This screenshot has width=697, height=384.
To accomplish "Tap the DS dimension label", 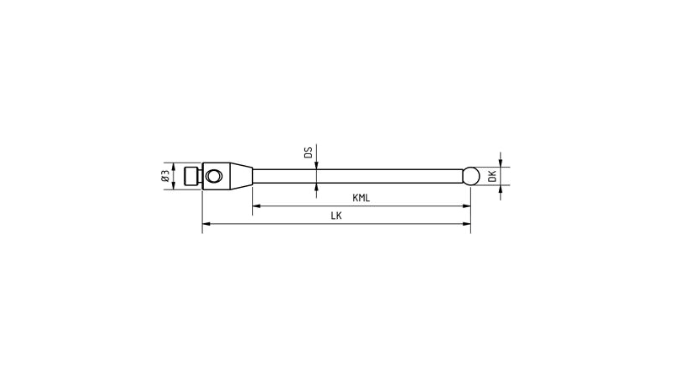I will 308,152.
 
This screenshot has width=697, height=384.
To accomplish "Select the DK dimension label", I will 492,176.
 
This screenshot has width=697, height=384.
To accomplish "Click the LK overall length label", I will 336,216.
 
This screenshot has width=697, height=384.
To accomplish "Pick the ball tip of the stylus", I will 472,175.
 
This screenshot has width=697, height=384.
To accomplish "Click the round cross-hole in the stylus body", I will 215,176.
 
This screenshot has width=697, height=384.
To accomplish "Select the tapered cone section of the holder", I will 239,176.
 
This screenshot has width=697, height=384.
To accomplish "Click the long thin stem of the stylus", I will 354,176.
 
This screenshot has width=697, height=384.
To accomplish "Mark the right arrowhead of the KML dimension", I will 466,206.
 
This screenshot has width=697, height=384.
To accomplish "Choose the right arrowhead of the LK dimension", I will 466,224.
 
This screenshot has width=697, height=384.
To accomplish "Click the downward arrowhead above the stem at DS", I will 317,166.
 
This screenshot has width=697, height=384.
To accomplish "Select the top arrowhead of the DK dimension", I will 501,163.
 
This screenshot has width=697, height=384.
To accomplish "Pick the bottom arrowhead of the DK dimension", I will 501,188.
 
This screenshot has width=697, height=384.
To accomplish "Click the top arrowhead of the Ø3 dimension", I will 173,165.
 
